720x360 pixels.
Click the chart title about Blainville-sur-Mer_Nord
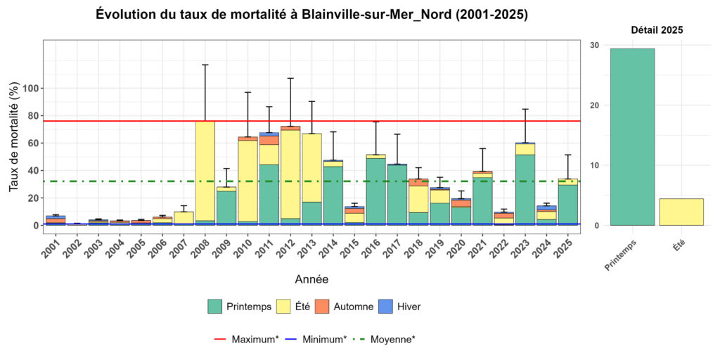[312, 15]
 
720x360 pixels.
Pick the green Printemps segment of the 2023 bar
[525, 190]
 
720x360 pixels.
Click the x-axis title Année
[311, 279]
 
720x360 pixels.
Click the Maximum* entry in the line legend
[246, 339]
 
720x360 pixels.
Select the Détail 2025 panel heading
[657, 30]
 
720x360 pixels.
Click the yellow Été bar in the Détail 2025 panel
[681, 212]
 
